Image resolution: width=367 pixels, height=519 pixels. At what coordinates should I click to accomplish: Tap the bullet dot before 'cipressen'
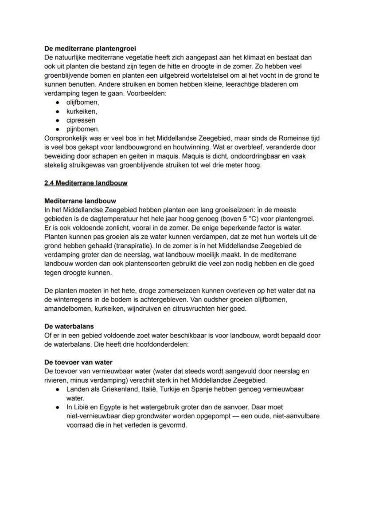click(x=58, y=120)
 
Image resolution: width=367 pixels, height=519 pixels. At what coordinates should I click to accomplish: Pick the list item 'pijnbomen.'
click(x=83, y=129)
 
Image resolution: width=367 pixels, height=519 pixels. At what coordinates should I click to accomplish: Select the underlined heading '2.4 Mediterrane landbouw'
click(x=86, y=183)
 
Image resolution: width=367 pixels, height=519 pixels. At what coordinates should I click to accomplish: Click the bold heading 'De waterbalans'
click(x=69, y=326)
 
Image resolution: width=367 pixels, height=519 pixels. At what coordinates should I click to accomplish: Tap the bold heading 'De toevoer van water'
click(x=78, y=362)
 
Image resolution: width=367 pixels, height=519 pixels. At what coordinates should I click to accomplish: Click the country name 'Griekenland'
click(x=121, y=389)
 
